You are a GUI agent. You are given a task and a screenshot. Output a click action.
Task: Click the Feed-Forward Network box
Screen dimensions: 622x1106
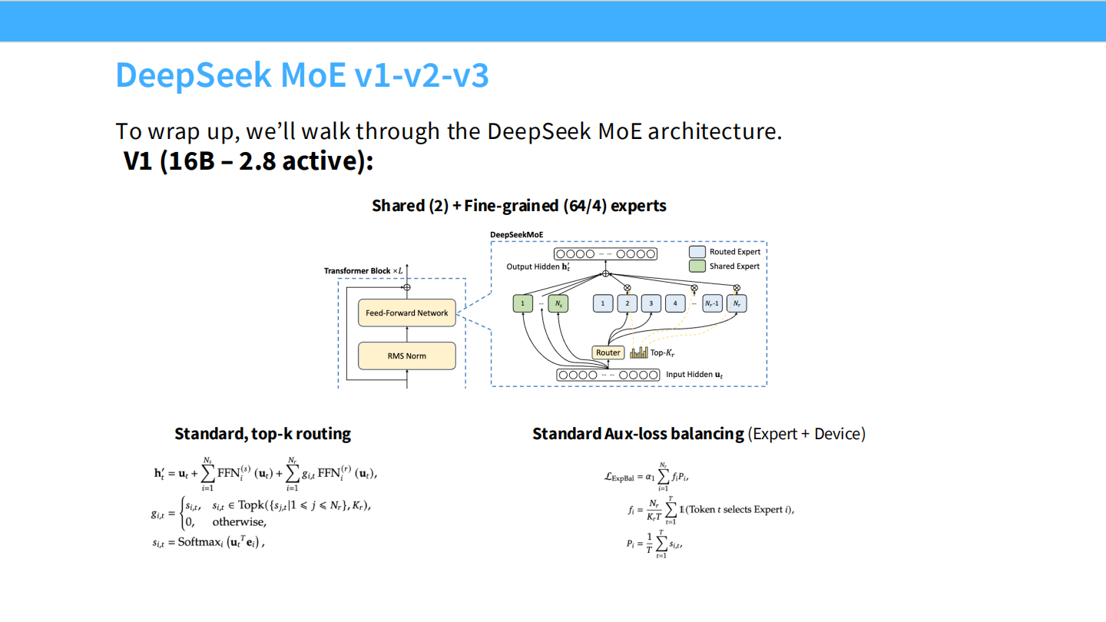tap(407, 313)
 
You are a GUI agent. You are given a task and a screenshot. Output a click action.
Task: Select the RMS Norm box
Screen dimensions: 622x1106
tap(407, 356)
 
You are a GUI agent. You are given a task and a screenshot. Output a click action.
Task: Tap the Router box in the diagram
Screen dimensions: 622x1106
tap(608, 352)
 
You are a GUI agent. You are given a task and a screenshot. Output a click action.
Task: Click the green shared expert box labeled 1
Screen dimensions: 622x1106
tap(522, 303)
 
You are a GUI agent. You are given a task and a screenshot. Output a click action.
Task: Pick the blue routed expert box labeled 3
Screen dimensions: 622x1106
tap(651, 303)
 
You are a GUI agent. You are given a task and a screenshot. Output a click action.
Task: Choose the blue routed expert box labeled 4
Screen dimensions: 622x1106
tap(675, 303)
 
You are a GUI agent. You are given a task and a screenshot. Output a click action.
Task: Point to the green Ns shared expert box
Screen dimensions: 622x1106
tap(558, 303)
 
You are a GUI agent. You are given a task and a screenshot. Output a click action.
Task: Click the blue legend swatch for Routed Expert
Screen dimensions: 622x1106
tap(697, 252)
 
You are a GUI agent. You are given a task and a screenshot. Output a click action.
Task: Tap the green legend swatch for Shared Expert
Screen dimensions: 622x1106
tap(697, 266)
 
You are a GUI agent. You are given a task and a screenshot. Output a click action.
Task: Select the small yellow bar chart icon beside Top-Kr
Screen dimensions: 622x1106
tap(639, 352)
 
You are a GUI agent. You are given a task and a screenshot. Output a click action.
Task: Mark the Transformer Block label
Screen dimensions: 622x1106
tap(357, 270)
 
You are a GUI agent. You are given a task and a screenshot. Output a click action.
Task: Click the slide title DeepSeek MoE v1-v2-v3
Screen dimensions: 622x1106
tap(302, 75)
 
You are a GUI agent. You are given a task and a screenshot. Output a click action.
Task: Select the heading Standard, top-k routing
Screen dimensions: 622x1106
tap(263, 434)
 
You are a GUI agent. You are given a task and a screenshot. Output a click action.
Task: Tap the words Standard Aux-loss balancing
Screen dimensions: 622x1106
tap(638, 434)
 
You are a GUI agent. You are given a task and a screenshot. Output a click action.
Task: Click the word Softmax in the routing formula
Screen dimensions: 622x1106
tap(198, 542)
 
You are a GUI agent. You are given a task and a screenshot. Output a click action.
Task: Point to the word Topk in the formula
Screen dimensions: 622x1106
tap(254, 504)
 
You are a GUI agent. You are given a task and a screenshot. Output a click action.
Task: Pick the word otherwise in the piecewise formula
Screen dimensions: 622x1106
tap(239, 522)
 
